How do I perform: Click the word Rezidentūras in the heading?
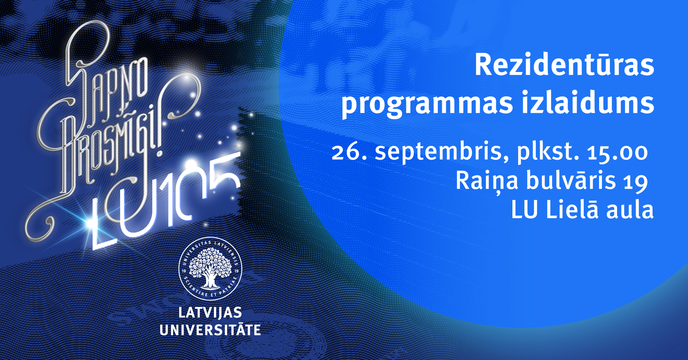(564, 65)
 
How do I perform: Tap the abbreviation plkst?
(548, 152)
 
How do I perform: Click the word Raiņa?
(487, 181)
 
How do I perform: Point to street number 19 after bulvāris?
(635, 182)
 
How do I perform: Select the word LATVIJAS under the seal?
(210, 313)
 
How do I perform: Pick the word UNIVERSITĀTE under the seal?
(210, 330)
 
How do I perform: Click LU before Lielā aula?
(525, 210)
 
